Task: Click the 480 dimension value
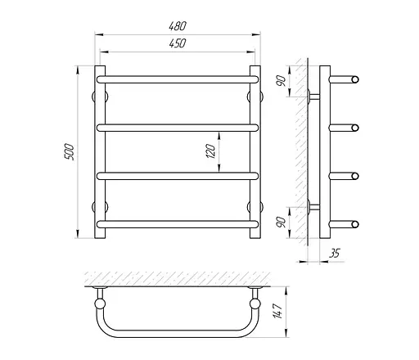[178, 26]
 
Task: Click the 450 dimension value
[178, 43]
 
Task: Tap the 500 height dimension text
[69, 152]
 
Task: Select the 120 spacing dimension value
[211, 151]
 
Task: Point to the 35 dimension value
[335, 254]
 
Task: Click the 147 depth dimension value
[277, 311]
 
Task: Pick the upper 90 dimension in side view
[282, 81]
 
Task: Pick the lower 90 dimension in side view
[282, 223]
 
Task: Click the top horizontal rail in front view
[178, 79]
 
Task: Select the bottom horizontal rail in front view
[178, 224]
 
